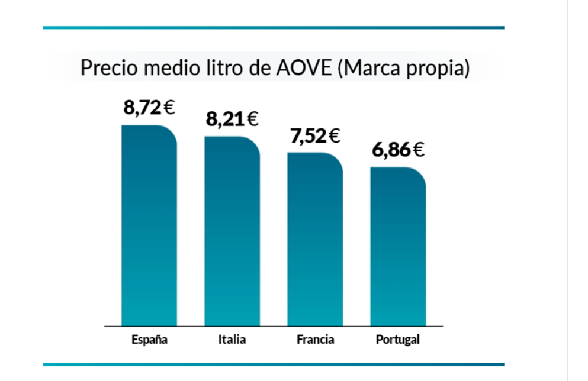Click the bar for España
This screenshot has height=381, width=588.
coord(149,225)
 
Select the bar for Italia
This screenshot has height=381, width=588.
coord(232,231)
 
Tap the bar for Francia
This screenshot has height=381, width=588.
coord(315,238)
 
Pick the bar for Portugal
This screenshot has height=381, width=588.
coord(398,246)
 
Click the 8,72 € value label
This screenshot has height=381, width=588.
coord(149,108)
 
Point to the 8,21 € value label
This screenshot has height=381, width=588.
coord(232,120)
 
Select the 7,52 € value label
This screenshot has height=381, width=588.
coord(315,136)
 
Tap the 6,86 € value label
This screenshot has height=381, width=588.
coord(398,150)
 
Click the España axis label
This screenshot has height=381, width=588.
coord(149,340)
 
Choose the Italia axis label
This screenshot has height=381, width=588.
coord(232,340)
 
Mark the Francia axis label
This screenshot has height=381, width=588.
coord(315,340)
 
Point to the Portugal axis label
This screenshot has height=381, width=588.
coord(398,340)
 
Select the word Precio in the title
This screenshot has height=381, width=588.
coord(104,68)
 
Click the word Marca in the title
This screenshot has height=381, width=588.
coord(374,68)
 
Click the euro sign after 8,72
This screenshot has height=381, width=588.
coord(169,108)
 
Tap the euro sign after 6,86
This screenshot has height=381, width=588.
coord(418,150)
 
